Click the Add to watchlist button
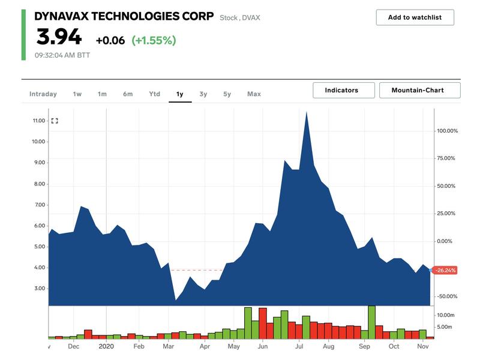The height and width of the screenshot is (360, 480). click(415, 17)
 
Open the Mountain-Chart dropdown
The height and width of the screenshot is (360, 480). click(419, 91)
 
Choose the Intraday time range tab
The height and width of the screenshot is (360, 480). click(43, 94)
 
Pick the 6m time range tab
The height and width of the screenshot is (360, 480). click(128, 94)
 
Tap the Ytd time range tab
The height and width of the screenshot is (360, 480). click(154, 94)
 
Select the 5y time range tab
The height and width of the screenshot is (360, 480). click(227, 94)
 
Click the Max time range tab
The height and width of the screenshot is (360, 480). click(254, 94)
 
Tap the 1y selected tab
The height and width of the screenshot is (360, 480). click(179, 94)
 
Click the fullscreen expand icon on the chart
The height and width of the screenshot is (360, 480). click(55, 121)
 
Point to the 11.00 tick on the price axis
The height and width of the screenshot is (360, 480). click(39, 121)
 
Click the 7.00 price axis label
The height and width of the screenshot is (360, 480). click(39, 205)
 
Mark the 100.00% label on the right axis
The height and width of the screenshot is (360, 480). click(447, 131)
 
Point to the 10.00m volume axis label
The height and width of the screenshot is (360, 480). click(445, 316)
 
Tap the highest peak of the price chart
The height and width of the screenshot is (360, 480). click(307, 112)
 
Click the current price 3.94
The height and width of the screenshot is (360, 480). click(59, 38)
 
